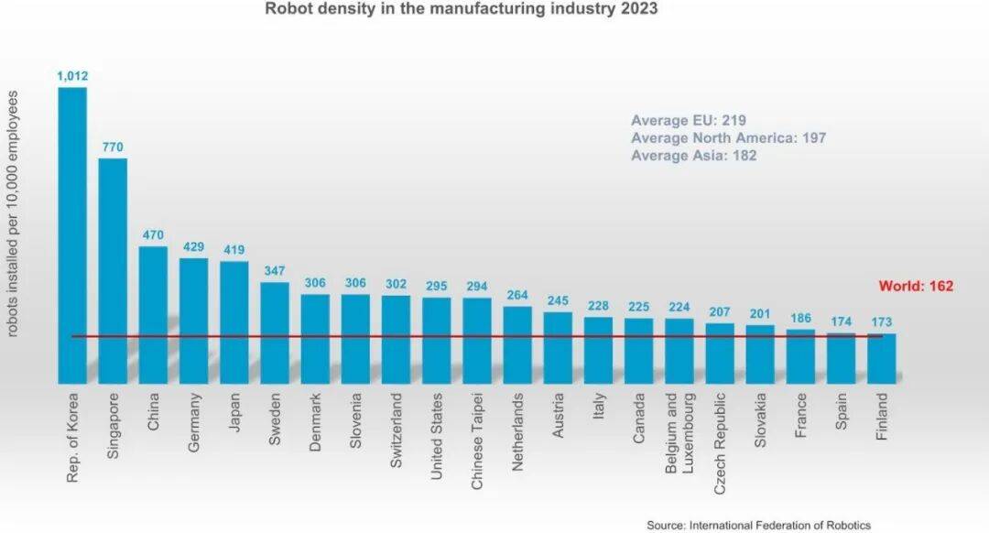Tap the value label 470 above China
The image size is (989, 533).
(153, 234)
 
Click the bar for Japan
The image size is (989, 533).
(234, 321)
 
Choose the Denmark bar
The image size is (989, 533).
(315, 338)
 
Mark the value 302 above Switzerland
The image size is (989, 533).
(396, 284)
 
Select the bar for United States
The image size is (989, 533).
(436, 340)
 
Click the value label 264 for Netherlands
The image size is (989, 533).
(517, 294)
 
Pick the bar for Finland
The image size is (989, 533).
(881, 358)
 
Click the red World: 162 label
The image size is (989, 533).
(916, 286)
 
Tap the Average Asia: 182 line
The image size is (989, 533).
(693, 156)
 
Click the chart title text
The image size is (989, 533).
(461, 10)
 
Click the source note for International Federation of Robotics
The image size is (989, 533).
(758, 525)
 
